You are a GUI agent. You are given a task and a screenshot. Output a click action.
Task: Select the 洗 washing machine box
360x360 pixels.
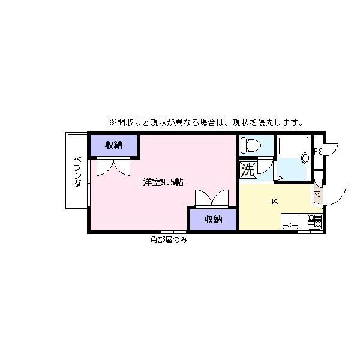[x=247, y=170]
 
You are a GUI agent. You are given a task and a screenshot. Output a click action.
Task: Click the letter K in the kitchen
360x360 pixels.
[x=274, y=201]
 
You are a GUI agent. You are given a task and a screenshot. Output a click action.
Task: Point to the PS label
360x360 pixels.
[x=318, y=151]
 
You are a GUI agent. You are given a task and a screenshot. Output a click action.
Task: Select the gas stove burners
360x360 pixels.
[x=314, y=221]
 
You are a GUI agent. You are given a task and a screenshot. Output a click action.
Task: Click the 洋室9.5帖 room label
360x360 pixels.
[x=163, y=182]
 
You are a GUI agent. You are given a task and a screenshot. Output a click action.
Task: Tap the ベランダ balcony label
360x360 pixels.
[x=77, y=172]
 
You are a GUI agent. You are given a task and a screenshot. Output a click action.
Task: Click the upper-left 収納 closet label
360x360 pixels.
[x=114, y=145]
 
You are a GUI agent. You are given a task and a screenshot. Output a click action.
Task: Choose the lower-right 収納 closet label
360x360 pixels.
[x=213, y=220]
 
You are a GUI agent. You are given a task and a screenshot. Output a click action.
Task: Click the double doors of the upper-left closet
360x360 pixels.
[x=113, y=166]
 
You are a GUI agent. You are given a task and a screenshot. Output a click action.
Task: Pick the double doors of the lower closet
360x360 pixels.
[x=212, y=198]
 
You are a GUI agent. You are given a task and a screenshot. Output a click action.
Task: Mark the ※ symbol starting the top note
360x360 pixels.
[x=112, y=122]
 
